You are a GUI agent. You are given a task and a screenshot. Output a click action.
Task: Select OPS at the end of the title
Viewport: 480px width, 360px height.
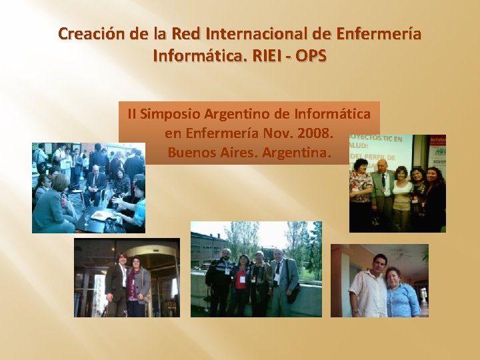click(x=311, y=55)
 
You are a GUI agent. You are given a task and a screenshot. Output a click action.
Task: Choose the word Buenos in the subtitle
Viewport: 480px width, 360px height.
click(x=191, y=152)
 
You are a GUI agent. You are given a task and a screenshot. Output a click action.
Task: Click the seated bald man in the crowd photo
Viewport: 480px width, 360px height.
click(x=95, y=180)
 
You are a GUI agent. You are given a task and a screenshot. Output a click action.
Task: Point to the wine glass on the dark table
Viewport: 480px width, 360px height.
click(x=86, y=217)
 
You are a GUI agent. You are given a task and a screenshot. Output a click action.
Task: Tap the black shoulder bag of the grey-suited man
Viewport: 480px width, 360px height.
click(x=293, y=293)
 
